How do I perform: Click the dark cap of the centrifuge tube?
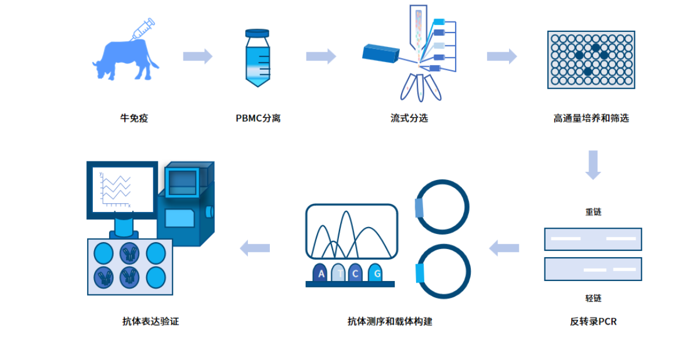point(257,33)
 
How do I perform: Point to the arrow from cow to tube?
point(197,56)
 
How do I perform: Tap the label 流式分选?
point(409,118)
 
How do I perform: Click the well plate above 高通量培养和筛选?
point(591,60)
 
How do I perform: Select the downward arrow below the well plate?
point(593,164)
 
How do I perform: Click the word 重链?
point(593,212)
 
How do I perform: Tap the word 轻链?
point(593,298)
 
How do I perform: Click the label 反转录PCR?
point(593,321)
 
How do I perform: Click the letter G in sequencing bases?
point(377,273)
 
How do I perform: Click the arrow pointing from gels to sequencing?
point(504,249)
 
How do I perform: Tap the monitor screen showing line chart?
point(122,188)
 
